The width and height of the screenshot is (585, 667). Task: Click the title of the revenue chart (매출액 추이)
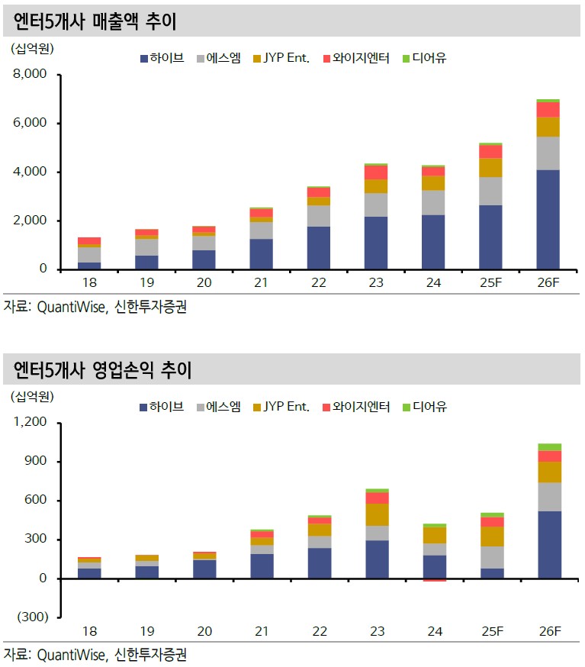click(95, 21)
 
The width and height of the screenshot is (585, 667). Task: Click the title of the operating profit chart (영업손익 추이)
click(103, 371)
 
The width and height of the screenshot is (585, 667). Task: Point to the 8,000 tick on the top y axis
click(30, 75)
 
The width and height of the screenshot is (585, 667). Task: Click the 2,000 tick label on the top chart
click(30, 221)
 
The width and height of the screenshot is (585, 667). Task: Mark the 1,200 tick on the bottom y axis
click(30, 423)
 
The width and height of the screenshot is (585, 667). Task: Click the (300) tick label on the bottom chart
click(30, 617)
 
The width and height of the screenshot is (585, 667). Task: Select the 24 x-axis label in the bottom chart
click(433, 632)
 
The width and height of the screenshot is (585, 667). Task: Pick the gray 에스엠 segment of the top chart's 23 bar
click(376, 205)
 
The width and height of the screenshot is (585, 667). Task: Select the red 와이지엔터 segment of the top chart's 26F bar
click(548, 109)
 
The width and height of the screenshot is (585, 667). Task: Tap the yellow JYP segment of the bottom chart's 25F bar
click(492, 536)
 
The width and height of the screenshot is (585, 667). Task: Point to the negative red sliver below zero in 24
click(434, 580)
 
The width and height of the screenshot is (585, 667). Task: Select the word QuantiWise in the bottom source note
click(69, 654)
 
